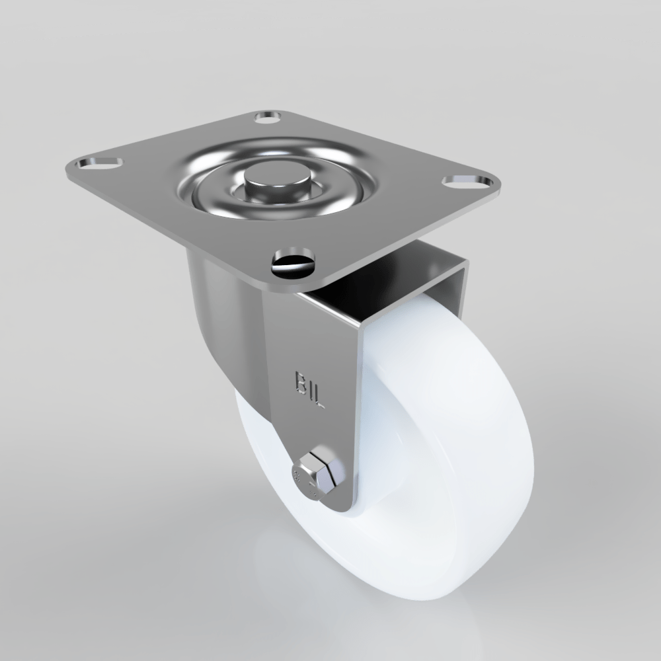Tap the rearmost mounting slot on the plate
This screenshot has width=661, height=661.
(268, 118)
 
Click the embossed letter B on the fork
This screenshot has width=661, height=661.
(299, 381)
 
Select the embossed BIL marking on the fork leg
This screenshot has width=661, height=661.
(309, 390)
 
